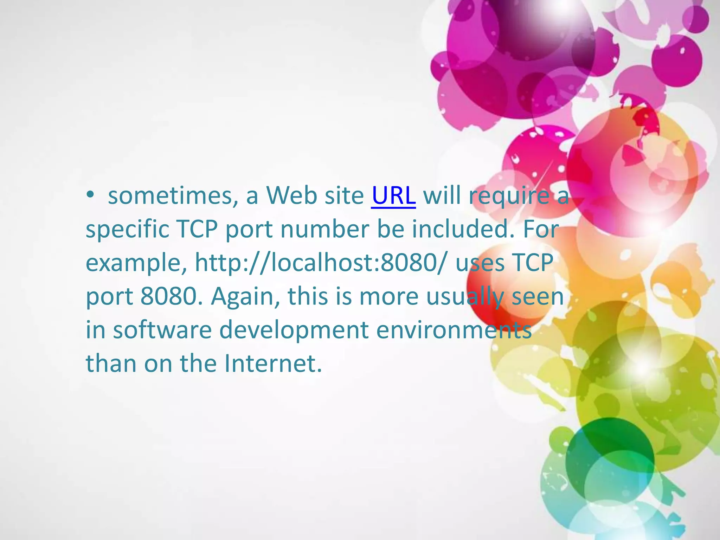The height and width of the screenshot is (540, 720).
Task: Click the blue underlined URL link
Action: pyautogui.click(x=393, y=195)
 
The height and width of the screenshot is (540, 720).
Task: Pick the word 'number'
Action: pyautogui.click(x=324, y=229)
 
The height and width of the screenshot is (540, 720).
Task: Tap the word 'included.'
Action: pyautogui.click(x=463, y=229)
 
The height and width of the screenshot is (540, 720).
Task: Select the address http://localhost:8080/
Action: pyautogui.click(x=321, y=263)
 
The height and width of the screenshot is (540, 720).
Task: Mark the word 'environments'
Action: pyautogui.click(x=454, y=330)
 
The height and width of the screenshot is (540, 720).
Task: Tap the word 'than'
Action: pyautogui.click(x=111, y=363)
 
